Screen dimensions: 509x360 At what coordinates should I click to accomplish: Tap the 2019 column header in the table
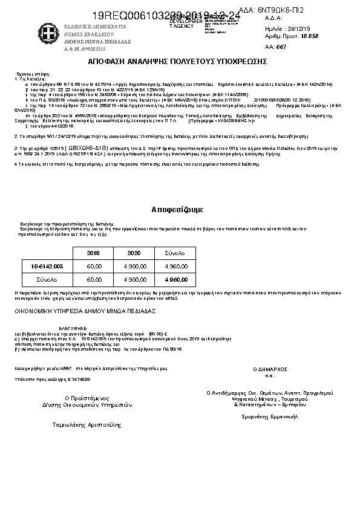(x=94, y=252)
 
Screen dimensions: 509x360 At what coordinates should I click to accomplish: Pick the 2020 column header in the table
(x=134, y=252)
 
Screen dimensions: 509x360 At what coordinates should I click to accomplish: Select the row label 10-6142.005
(x=47, y=266)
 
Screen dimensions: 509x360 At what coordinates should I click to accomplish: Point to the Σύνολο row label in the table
(x=47, y=280)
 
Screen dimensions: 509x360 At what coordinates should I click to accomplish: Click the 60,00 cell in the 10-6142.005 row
(x=94, y=266)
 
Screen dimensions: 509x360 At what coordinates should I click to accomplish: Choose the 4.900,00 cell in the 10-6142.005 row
(x=134, y=266)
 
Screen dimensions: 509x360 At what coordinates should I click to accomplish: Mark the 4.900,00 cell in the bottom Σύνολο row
(x=134, y=280)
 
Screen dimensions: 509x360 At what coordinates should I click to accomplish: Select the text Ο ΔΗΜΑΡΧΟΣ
(x=270, y=368)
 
